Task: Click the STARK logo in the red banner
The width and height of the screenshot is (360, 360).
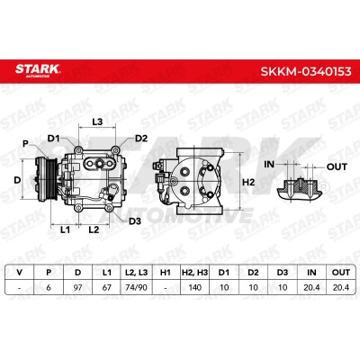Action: click(x=38, y=70)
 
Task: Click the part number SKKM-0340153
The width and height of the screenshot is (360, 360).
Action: click(x=306, y=72)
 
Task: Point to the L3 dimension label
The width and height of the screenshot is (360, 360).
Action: click(x=97, y=121)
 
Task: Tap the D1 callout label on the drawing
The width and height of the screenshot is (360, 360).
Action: click(x=54, y=139)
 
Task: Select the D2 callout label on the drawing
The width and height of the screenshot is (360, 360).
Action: click(x=141, y=139)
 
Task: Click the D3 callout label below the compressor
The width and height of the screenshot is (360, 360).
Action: click(x=135, y=221)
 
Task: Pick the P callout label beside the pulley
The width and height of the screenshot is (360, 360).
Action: click(x=26, y=144)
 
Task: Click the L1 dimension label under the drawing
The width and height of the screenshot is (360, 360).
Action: click(x=65, y=230)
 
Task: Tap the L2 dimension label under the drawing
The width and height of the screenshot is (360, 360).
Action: click(x=94, y=230)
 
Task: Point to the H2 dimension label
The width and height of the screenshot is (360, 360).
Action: click(x=248, y=182)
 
